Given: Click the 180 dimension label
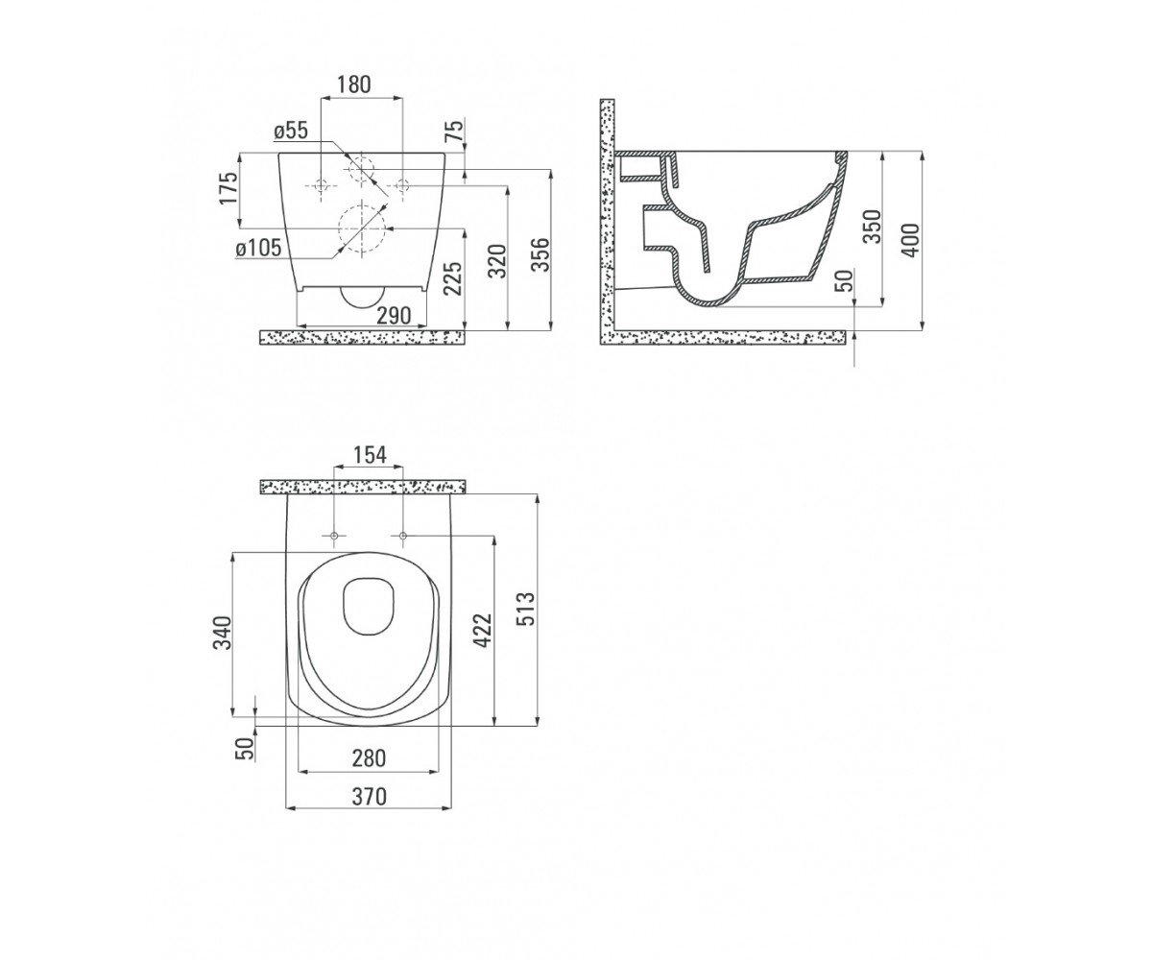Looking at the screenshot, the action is tap(353, 85).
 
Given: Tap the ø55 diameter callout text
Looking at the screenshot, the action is tap(291, 131).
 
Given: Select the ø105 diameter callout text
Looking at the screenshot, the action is tap(259, 249).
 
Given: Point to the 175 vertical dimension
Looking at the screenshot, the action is tap(229, 188).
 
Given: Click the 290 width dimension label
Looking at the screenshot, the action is tap(394, 316).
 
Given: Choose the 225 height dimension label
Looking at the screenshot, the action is tap(453, 277).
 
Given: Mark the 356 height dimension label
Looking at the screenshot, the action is tap(540, 255).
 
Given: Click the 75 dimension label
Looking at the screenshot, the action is tap(455, 132).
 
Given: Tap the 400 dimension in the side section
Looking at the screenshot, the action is tap(910, 240).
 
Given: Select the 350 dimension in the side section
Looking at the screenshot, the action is tap(873, 227).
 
